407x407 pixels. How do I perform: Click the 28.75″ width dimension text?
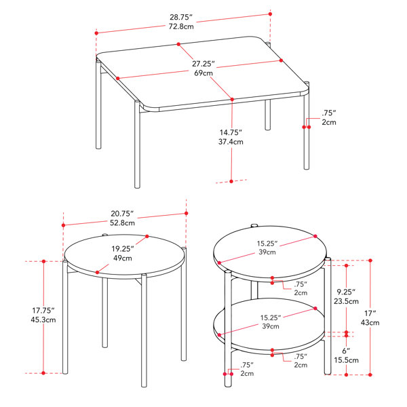coord(181,17)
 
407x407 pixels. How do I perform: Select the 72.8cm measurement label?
coord(181,26)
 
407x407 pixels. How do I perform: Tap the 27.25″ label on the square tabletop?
coord(203,64)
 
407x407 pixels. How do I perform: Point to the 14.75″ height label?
coord(231,132)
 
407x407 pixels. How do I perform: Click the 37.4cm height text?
coord(231,142)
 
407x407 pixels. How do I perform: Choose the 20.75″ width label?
coord(122,214)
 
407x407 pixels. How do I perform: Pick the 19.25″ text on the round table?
coord(123,249)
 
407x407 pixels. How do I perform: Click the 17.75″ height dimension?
coord(43,310)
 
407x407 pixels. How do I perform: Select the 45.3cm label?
coord(43,319)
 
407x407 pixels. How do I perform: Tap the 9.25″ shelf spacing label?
coord(346,292)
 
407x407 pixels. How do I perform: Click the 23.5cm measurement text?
coord(346,301)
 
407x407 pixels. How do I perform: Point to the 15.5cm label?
coord(346,360)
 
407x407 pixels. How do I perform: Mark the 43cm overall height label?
coord(370,323)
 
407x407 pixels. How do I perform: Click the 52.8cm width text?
coord(122,223)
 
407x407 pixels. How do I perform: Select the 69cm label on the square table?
coord(203,73)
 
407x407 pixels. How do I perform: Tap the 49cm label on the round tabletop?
coord(123,258)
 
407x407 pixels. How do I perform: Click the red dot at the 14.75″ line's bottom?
coord(231,181)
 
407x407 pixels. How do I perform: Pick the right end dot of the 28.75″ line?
coord(270,14)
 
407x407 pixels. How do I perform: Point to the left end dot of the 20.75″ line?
coord(63,225)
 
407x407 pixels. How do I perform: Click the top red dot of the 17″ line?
coord(370,260)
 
